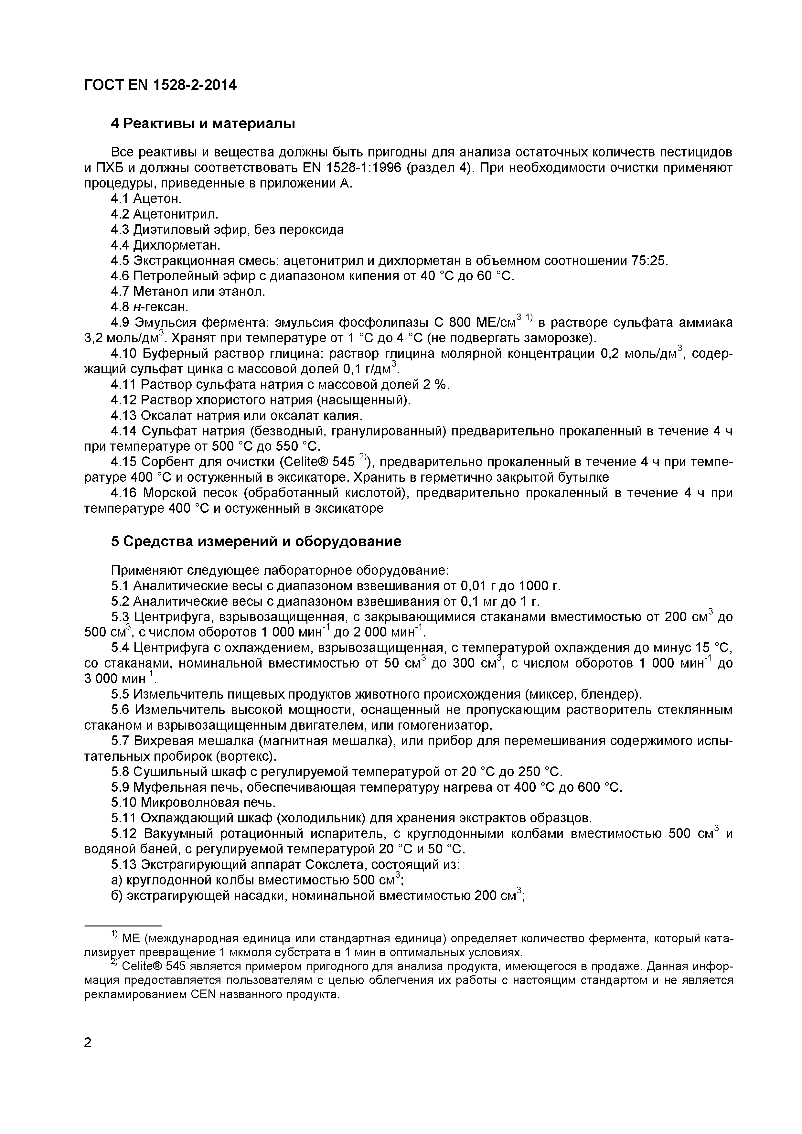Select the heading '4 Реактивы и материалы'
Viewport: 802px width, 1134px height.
click(203, 123)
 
